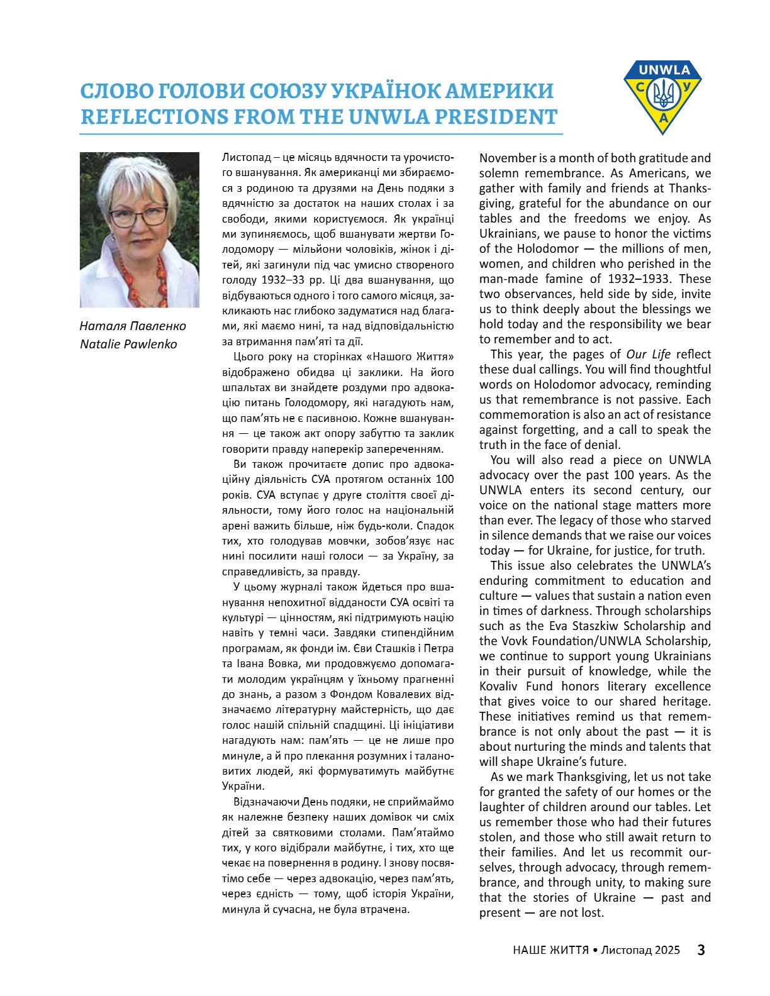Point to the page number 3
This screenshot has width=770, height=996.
701,949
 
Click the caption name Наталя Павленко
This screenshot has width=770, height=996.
133,326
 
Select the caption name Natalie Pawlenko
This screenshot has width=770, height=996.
128,344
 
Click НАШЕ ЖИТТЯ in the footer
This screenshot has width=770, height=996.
550,949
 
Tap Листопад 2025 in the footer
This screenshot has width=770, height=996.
640,949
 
